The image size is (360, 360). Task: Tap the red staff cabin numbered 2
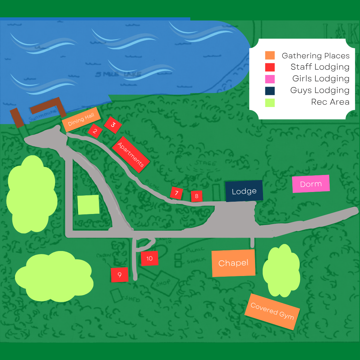95,131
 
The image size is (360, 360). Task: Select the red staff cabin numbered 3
113,125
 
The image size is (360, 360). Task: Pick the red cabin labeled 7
176,193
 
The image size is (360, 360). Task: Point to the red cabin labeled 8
197,196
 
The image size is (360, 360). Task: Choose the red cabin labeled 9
120,275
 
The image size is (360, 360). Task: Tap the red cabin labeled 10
149,258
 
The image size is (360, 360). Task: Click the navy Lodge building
244,191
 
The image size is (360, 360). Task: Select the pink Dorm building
311,184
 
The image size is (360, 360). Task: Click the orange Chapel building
233,263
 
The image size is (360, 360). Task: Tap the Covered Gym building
272,312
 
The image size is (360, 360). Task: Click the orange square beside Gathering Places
270,55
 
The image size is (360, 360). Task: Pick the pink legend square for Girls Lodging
270,79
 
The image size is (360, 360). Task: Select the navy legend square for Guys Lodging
270,90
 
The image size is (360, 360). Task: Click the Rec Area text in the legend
330,102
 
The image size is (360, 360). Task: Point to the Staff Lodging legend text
320,67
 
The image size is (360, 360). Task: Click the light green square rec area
88,205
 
